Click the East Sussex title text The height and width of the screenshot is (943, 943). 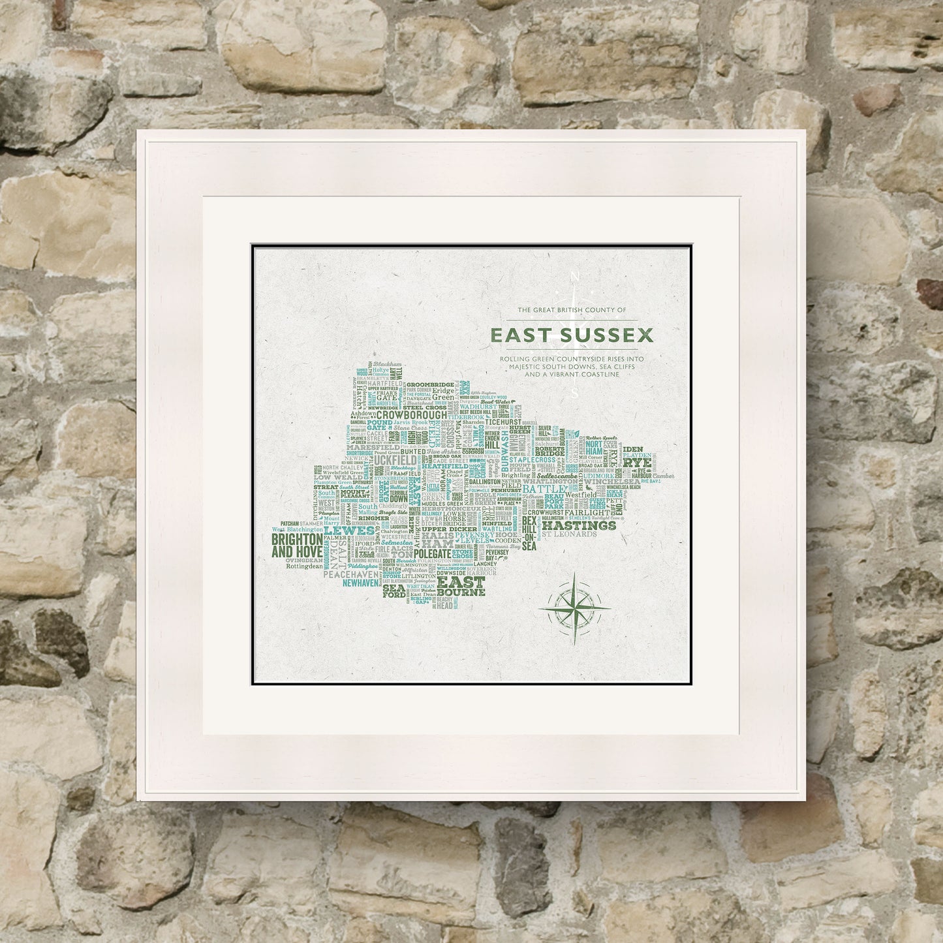pyautogui.click(x=572, y=335)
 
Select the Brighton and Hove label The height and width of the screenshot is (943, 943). pyautogui.click(x=297, y=546)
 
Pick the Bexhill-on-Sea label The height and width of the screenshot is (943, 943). pyautogui.click(x=529, y=535)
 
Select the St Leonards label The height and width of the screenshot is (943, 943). pyautogui.click(x=569, y=534)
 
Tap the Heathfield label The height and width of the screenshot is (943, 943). pyautogui.click(x=444, y=467)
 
